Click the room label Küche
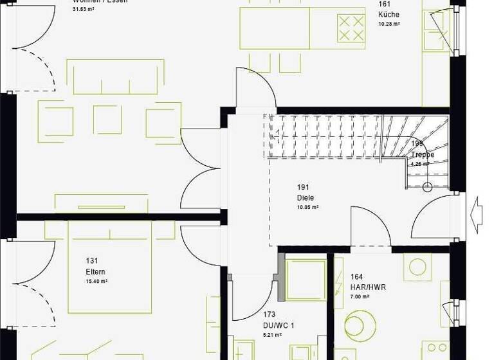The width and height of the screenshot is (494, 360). point(389,14)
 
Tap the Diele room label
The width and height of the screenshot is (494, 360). point(305,197)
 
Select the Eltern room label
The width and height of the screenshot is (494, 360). point(96,271)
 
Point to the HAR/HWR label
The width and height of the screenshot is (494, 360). point(369,287)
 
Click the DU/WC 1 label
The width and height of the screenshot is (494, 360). point(279,325)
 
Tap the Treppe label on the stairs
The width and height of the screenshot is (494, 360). point(422,155)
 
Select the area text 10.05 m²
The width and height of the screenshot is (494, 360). point(307,208)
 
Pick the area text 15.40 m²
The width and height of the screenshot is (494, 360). point(96,282)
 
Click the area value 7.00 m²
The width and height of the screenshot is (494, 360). point(360,297)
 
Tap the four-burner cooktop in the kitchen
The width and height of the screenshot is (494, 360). point(350,28)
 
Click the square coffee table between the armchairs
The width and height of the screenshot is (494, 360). point(107,120)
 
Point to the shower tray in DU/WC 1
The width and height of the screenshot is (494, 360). point(306,280)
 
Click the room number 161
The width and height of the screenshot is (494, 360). point(385,4)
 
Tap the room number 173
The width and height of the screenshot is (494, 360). point(270,315)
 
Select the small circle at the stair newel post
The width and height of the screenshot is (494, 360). point(428,188)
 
